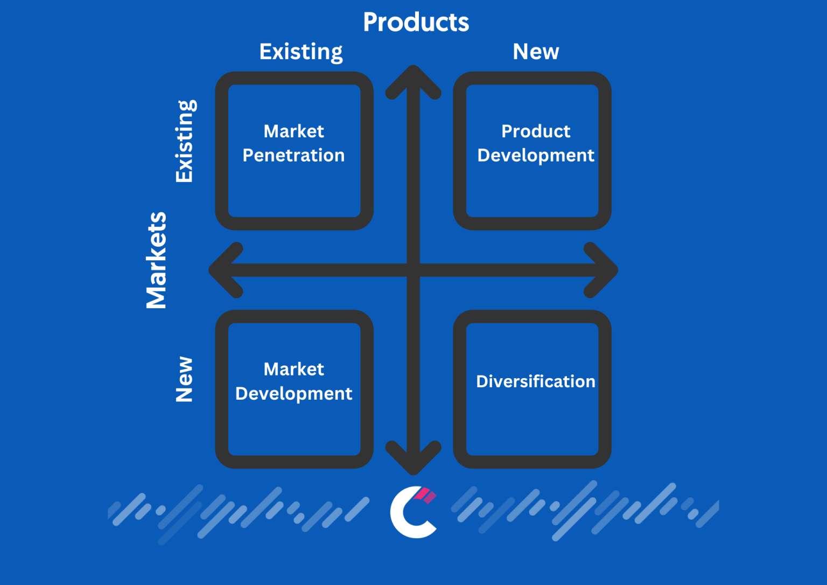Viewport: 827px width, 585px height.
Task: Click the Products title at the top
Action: [x=416, y=22]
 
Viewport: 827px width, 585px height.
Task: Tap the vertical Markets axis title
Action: [x=156, y=260]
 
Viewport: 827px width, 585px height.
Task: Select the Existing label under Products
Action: [x=301, y=52]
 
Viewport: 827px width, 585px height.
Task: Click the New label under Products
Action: [x=536, y=51]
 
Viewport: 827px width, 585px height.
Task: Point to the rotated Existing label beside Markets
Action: [x=185, y=141]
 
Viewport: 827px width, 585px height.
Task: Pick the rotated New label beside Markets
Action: [x=184, y=379]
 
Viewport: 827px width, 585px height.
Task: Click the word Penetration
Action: [x=293, y=155]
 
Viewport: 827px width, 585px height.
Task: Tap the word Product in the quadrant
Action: [x=536, y=131]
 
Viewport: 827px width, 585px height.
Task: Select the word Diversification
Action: [x=536, y=381]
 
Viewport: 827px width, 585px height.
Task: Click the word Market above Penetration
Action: [x=294, y=131]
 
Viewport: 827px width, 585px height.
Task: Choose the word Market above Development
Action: [x=294, y=369]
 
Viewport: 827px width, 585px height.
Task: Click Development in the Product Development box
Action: [x=536, y=156]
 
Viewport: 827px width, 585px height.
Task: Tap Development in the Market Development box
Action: [x=294, y=394]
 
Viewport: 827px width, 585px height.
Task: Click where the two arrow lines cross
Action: [x=413, y=270]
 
